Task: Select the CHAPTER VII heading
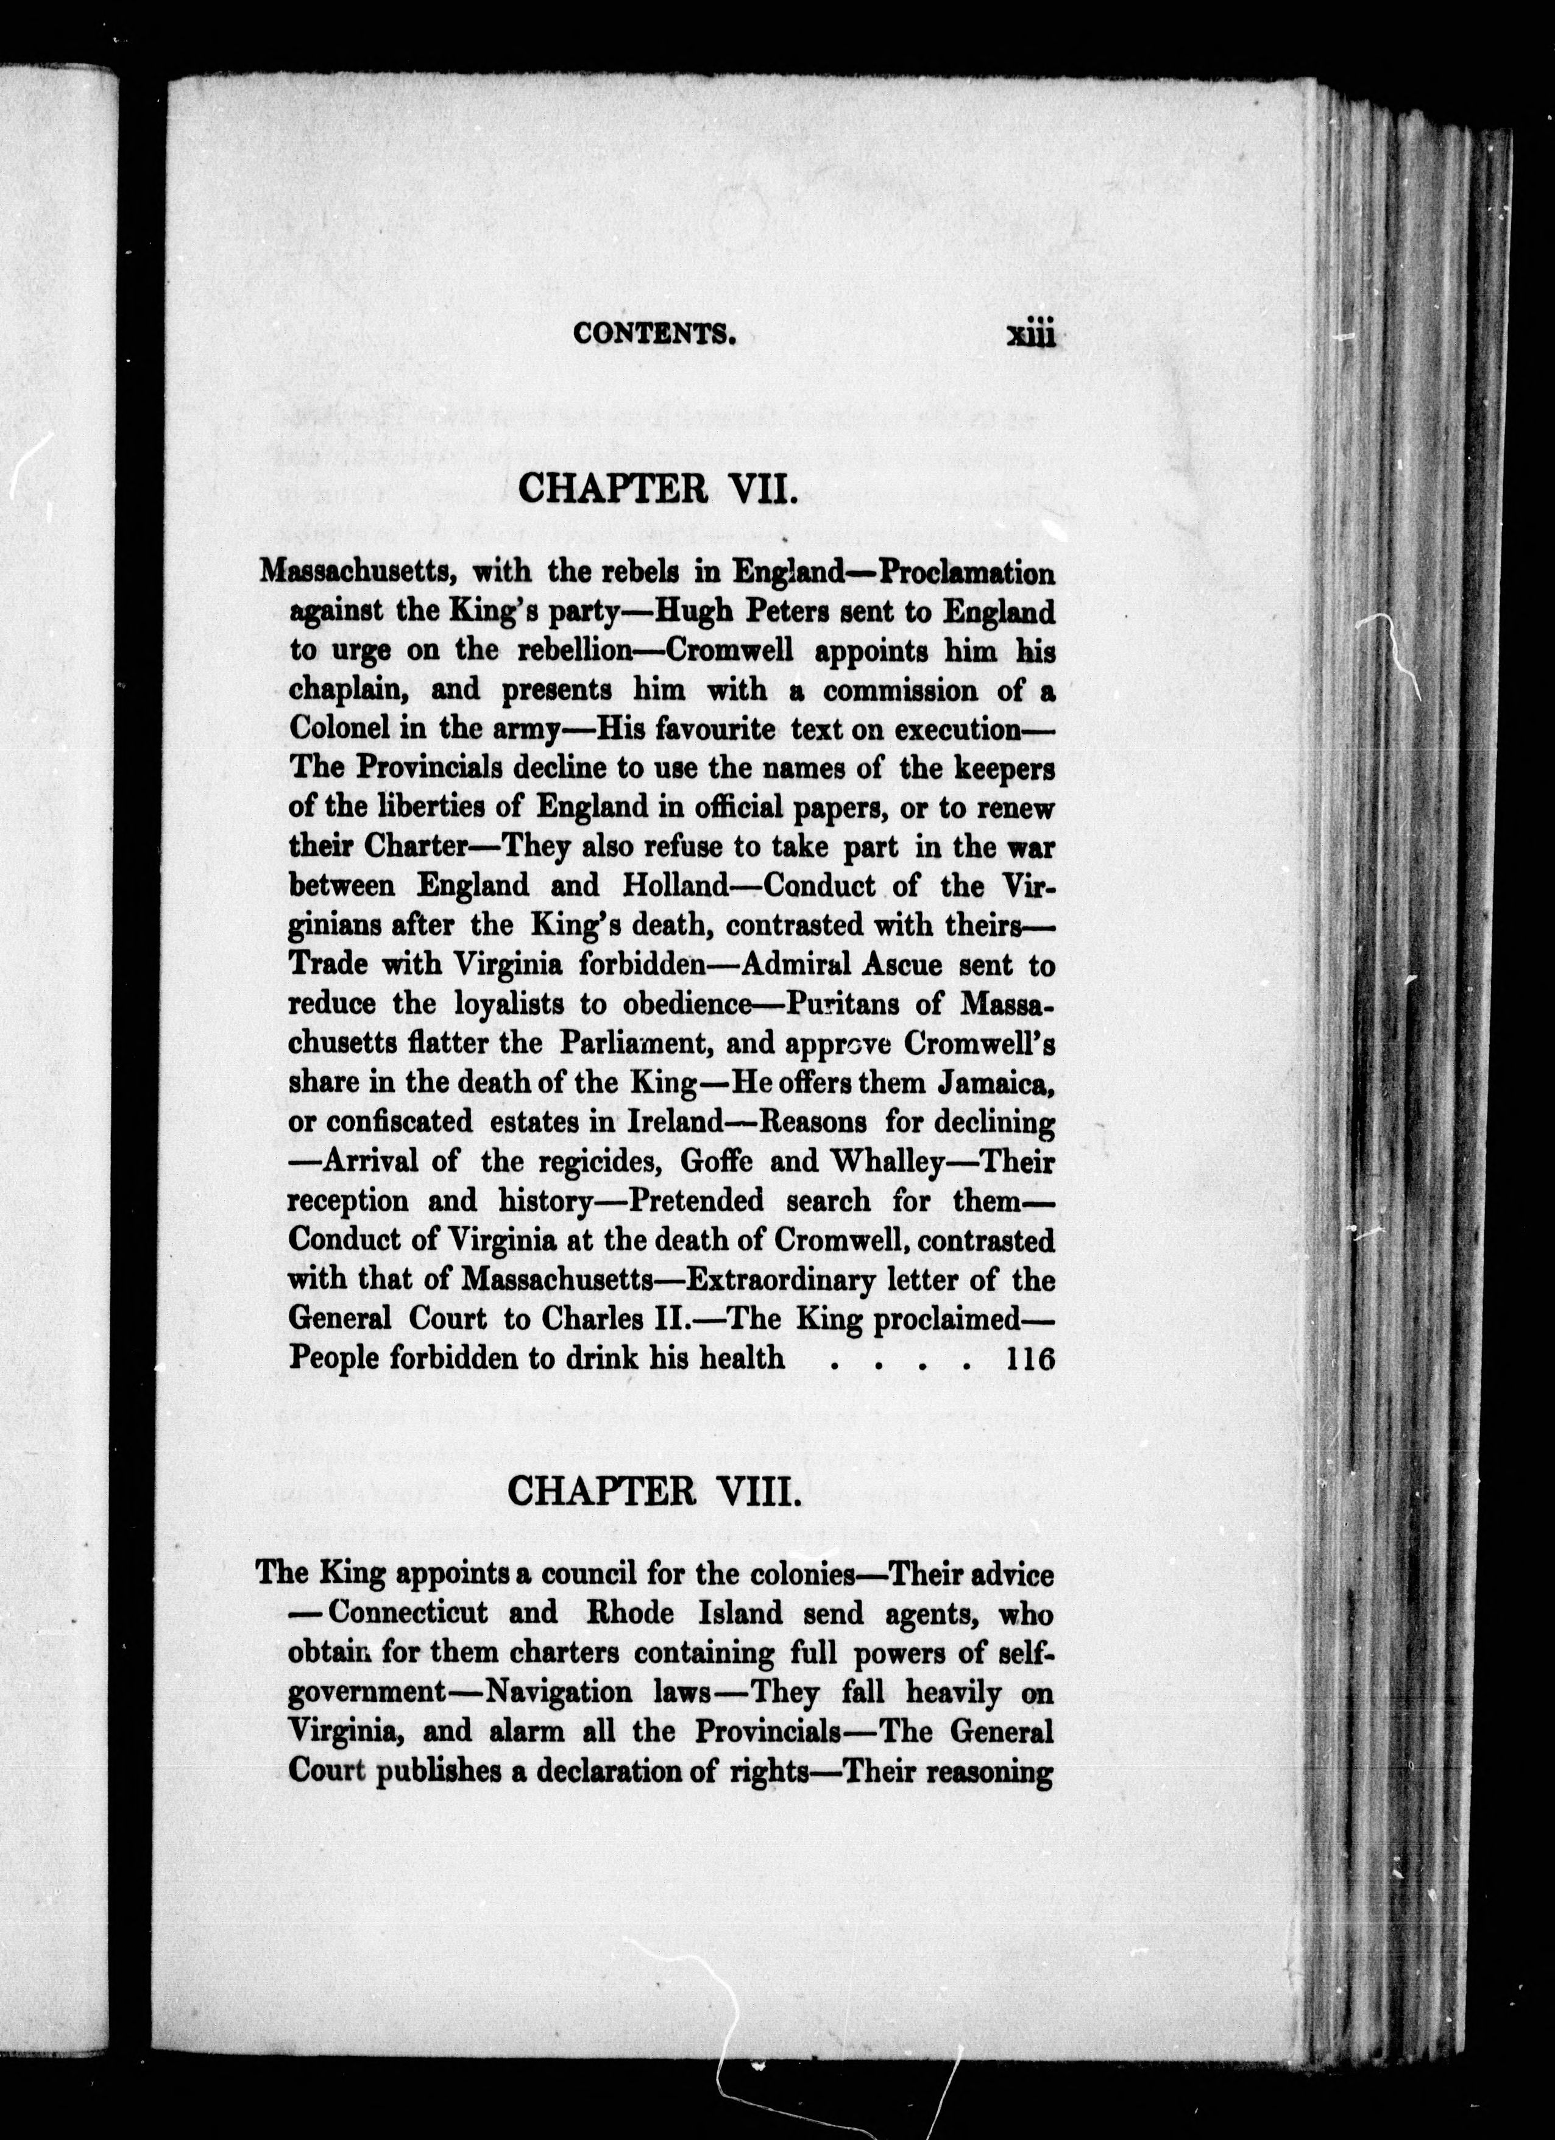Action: [x=653, y=488]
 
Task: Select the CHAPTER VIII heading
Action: [x=654, y=1491]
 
